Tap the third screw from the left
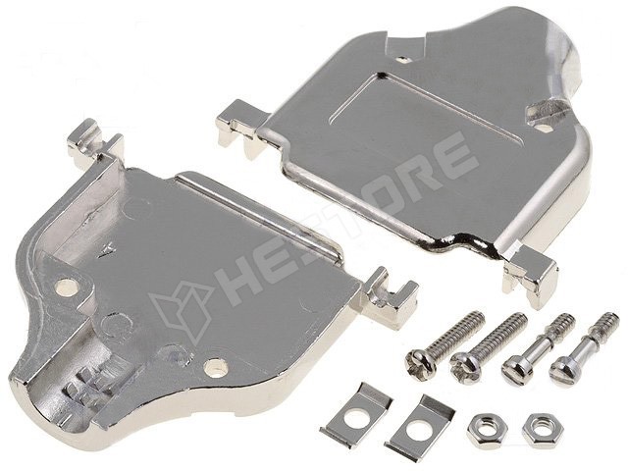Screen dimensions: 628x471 (x=538, y=348)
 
